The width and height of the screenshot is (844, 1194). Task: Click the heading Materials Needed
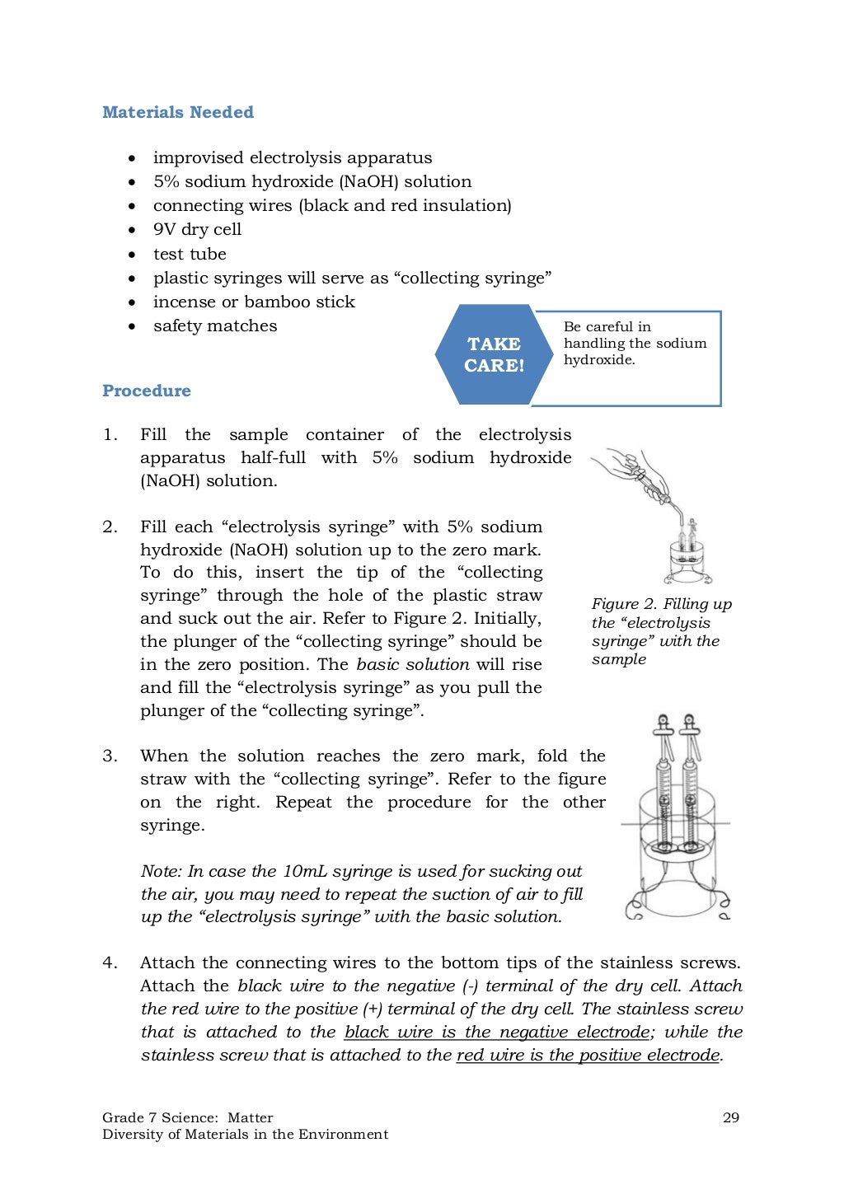pyautogui.click(x=177, y=112)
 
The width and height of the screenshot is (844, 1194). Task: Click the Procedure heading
pyautogui.click(x=146, y=391)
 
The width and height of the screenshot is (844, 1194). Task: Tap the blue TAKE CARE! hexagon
pyautogui.click(x=494, y=355)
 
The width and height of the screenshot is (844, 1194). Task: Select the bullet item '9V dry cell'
pyautogui.click(x=197, y=229)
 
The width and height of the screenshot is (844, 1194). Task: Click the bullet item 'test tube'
pyautogui.click(x=190, y=254)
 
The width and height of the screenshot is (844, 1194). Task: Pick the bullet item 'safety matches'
pyautogui.click(x=215, y=325)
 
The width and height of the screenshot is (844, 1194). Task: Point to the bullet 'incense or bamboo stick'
pyautogui.click(x=254, y=302)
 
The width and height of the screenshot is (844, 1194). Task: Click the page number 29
pyautogui.click(x=730, y=1117)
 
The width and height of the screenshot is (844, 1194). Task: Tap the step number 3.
pyautogui.click(x=110, y=756)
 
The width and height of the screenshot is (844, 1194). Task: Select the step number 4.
pyautogui.click(x=110, y=962)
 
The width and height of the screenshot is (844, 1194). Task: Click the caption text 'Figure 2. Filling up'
pyautogui.click(x=661, y=604)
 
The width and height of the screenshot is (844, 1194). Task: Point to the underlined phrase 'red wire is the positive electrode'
pyautogui.click(x=588, y=1055)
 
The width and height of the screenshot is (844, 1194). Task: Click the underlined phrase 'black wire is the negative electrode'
pyautogui.click(x=496, y=1032)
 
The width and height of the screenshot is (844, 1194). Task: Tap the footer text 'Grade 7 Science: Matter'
pyautogui.click(x=187, y=1117)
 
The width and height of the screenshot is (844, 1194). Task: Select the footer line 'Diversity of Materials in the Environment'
pyautogui.click(x=245, y=1134)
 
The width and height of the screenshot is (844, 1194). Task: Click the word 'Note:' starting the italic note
pyautogui.click(x=162, y=871)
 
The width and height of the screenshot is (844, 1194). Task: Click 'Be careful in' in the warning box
pyautogui.click(x=607, y=326)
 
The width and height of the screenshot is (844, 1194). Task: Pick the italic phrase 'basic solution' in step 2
pyautogui.click(x=412, y=664)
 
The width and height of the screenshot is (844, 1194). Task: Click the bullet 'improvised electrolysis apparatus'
pyautogui.click(x=292, y=157)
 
